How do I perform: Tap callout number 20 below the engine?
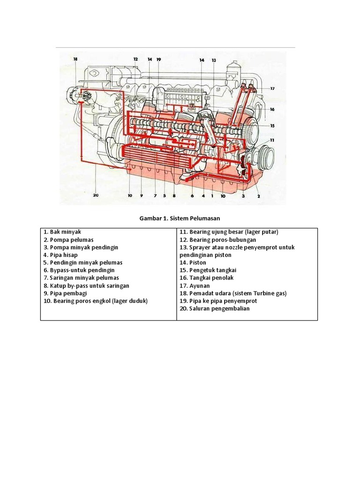pos(96,196)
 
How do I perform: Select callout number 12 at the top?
pos(135,60)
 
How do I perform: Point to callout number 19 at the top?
pos(158,60)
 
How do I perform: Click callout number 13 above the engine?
pos(214,60)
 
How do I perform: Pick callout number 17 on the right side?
pos(272,88)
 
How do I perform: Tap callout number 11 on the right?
pos(272,140)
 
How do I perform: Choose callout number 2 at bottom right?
pos(258,196)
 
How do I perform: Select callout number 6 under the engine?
pos(192,196)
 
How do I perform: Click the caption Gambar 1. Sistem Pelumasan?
pos(180,218)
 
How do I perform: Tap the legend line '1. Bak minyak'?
pos(62,232)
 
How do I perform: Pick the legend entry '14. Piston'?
pos(192,262)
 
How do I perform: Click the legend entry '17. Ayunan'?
pos(194,285)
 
